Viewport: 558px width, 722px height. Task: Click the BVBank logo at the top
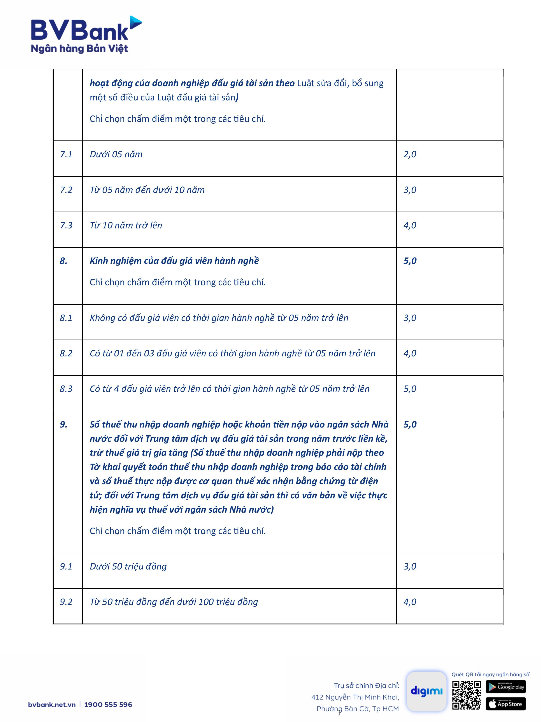tap(86, 35)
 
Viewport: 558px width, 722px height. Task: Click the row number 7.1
tap(66, 154)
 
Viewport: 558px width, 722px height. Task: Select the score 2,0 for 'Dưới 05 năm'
tap(410, 154)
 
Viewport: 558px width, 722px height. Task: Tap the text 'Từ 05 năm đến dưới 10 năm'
tap(147, 190)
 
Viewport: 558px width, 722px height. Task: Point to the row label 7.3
tap(66, 225)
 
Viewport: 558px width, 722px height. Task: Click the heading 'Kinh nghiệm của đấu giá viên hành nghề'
tap(174, 261)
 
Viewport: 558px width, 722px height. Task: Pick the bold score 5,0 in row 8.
tap(410, 261)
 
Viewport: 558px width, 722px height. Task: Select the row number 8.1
tap(66, 318)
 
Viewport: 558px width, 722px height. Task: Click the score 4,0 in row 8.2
tap(410, 353)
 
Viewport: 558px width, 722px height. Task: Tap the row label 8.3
tap(66, 389)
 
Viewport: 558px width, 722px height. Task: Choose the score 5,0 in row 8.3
tap(410, 389)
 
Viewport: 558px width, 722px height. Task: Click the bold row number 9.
tap(63, 424)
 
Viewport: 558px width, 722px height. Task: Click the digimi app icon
tap(426, 691)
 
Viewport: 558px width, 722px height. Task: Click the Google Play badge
tap(505, 687)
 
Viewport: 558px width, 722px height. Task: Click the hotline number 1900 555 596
tap(108, 704)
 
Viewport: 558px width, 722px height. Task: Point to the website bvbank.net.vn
tap(52, 704)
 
